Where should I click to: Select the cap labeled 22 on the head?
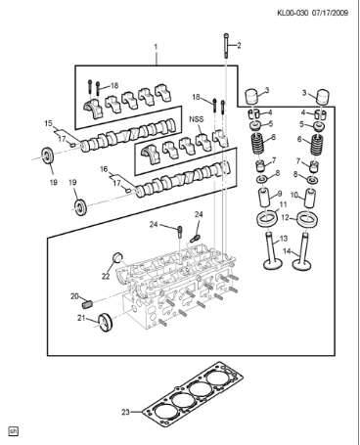click(118, 259)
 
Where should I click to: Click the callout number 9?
click(282, 194)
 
